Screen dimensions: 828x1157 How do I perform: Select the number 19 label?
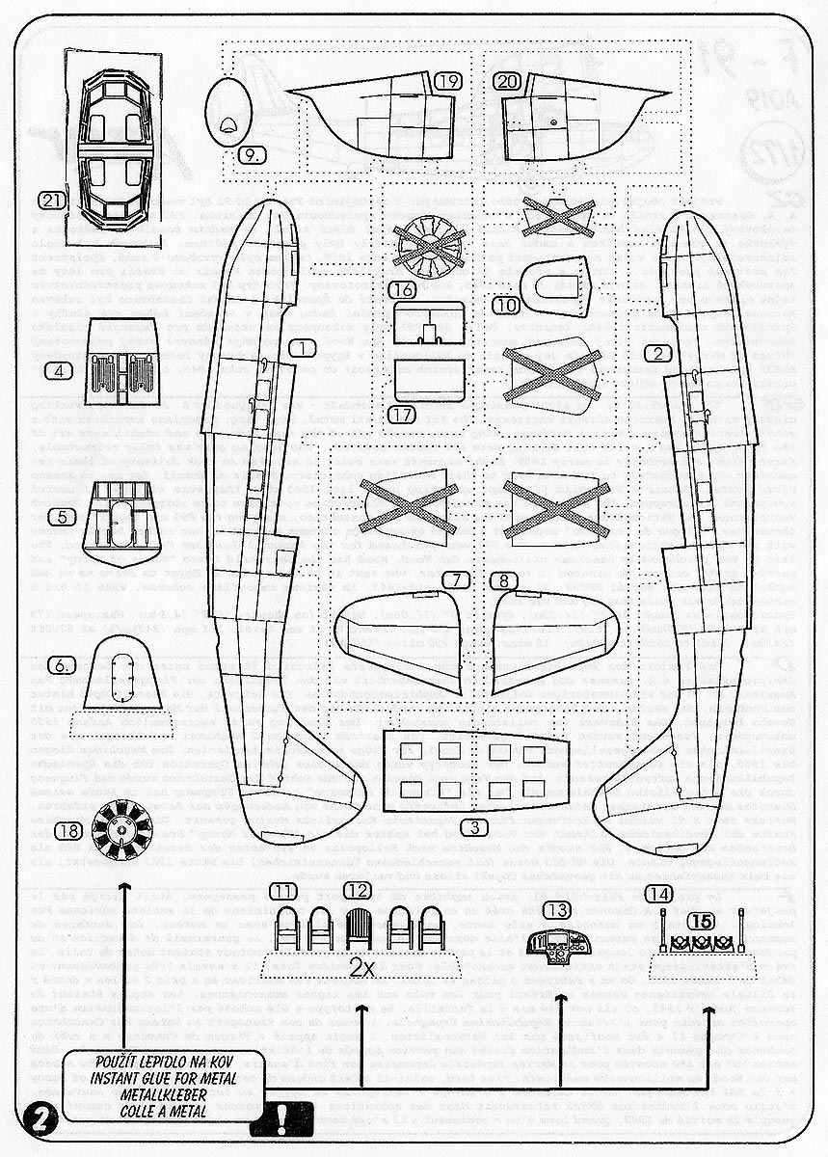click(446, 82)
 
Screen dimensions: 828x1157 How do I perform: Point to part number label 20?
click(508, 82)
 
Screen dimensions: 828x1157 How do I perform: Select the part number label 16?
click(403, 288)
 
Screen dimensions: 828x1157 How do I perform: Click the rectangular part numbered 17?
click(428, 379)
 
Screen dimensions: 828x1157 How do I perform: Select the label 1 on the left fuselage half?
click(303, 347)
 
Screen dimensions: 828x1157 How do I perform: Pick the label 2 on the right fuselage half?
click(658, 354)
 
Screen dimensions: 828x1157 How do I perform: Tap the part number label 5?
click(62, 517)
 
